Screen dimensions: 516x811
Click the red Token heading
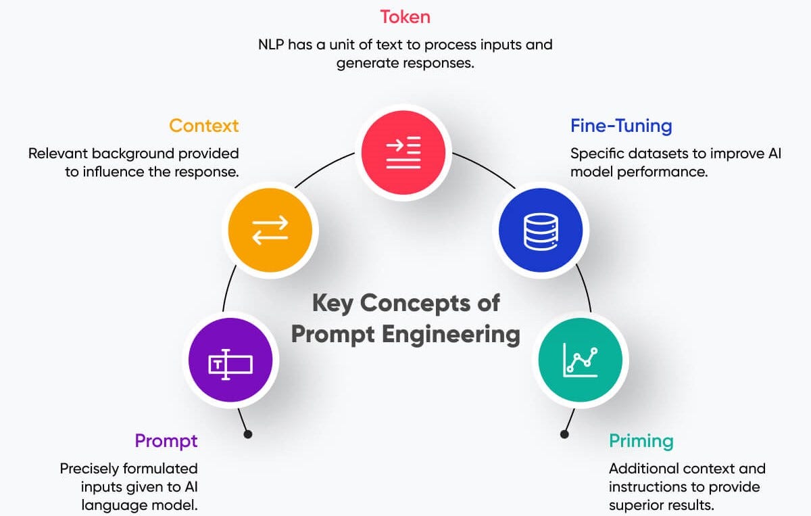405,16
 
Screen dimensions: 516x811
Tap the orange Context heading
203,126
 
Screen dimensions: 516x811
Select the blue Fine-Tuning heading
620,126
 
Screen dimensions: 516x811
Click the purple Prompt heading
166,441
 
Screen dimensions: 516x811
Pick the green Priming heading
641,442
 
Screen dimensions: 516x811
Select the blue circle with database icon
541,229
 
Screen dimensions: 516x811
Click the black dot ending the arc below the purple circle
247,434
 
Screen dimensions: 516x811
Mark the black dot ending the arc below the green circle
564,434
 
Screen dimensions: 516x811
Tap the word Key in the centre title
333,302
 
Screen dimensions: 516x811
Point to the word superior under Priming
636,505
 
